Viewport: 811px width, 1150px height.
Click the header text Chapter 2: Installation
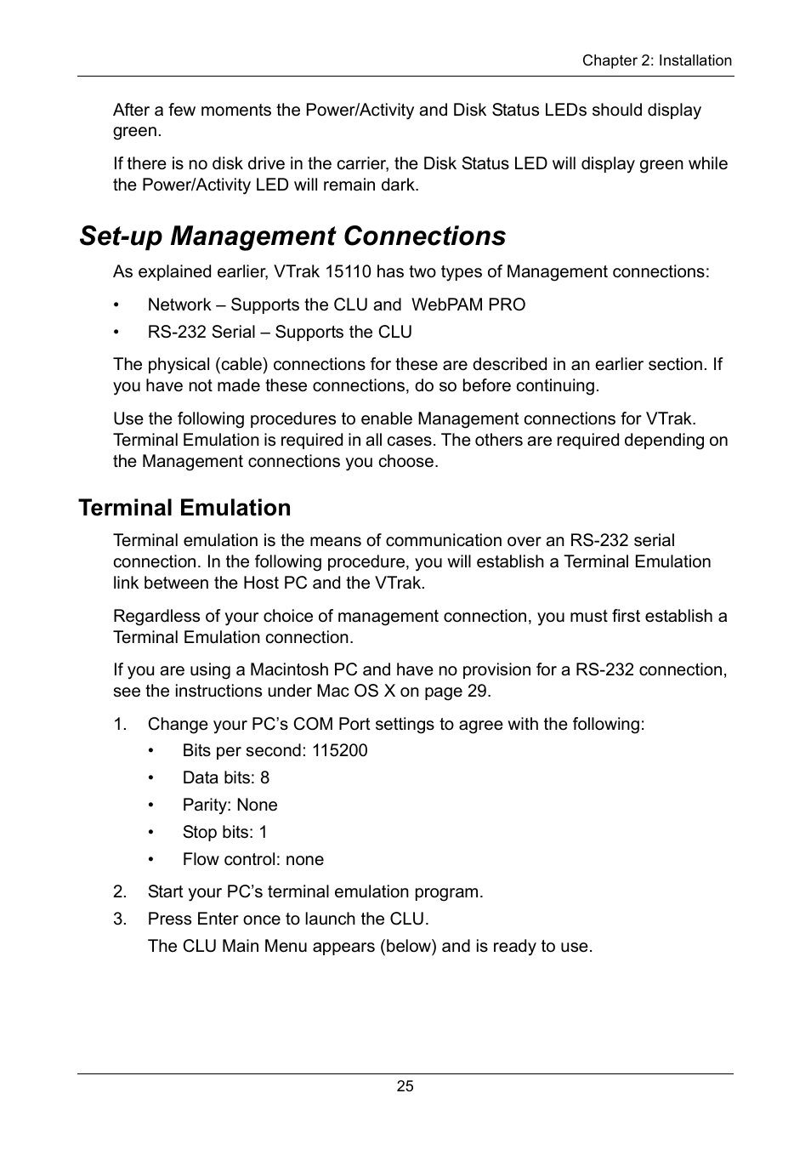point(656,60)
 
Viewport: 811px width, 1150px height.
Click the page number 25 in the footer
point(405,1086)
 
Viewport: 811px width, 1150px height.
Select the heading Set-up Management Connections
point(292,236)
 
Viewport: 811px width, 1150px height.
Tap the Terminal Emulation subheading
point(184,508)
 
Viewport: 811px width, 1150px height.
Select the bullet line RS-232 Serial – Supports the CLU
point(279,333)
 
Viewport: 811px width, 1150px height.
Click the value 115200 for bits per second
point(339,751)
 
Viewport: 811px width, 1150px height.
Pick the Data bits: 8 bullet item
point(225,778)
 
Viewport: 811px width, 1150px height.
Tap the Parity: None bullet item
point(230,806)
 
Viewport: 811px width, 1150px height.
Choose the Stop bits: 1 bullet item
point(224,833)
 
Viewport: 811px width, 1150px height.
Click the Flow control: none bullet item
point(252,860)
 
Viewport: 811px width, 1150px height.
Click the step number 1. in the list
point(120,725)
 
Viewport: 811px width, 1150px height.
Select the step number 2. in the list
point(120,892)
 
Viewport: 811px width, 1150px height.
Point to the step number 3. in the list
point(120,919)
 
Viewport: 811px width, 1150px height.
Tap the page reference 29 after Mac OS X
point(478,692)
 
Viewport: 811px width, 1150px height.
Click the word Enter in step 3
point(217,919)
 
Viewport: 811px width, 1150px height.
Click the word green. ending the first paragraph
point(137,131)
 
